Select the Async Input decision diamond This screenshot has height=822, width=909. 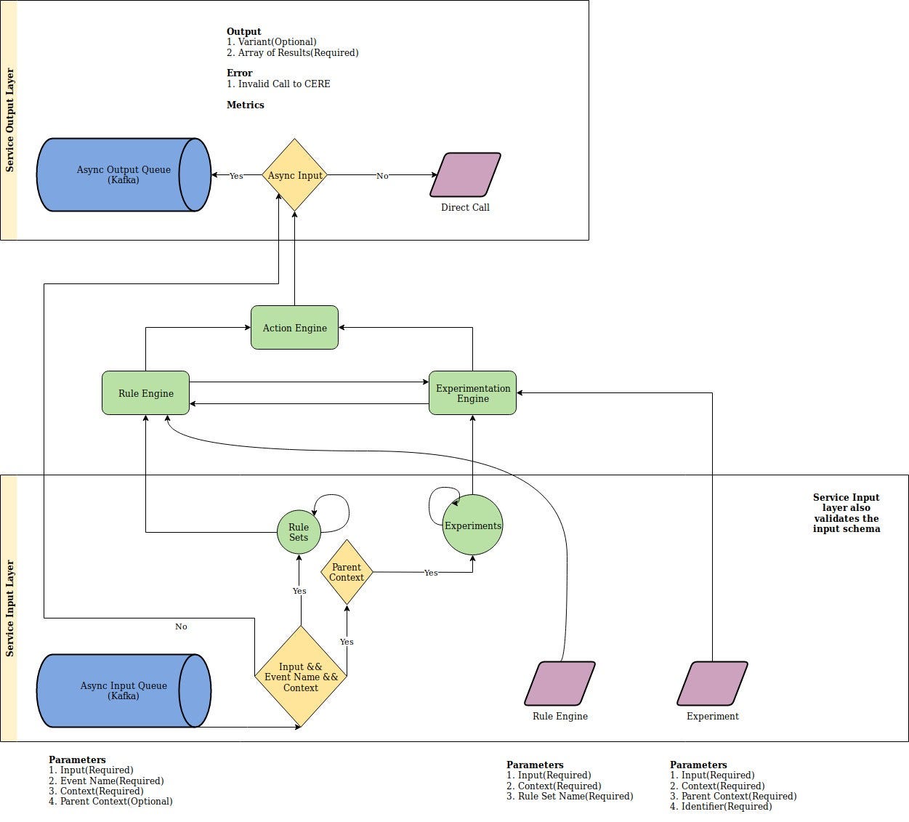[x=294, y=175]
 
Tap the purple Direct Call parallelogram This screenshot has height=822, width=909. [x=465, y=174]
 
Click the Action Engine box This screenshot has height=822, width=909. [x=294, y=328]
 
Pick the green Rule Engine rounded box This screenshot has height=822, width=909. [x=145, y=393]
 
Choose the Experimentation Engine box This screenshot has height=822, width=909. [x=472, y=393]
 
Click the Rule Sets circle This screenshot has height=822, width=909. [x=299, y=532]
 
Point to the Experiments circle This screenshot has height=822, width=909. [x=472, y=525]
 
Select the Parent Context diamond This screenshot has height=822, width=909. [x=347, y=572]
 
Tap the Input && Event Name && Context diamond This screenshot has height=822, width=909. [x=301, y=677]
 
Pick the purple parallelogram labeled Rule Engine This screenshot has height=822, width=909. [x=559, y=683]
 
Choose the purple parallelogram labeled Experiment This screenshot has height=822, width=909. [x=712, y=683]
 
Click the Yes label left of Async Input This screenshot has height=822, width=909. [x=236, y=176]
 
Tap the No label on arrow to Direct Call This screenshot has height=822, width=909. [x=382, y=176]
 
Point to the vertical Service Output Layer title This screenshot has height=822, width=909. [x=9, y=120]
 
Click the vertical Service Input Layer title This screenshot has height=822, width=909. [x=9, y=608]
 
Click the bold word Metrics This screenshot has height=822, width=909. [x=245, y=105]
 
